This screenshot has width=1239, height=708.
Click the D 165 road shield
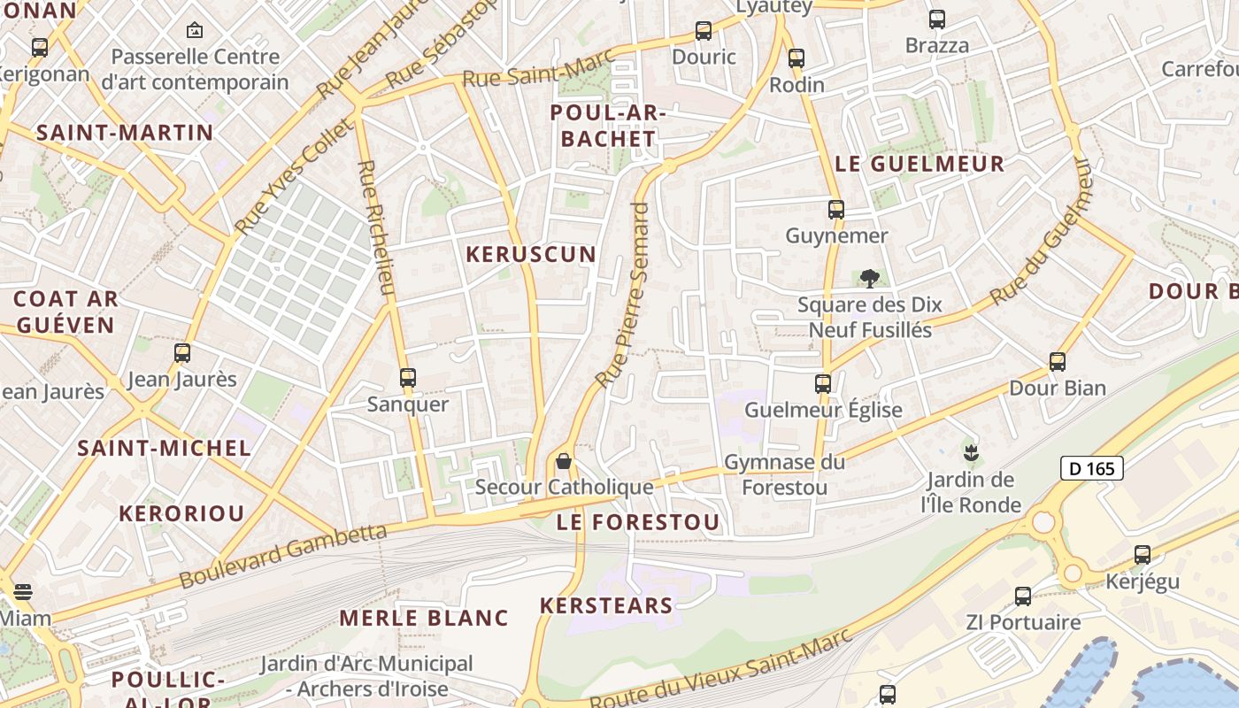1091,468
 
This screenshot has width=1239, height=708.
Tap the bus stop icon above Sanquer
407,378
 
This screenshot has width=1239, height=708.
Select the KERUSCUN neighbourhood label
531,255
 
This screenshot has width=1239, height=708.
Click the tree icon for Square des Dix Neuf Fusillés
870,279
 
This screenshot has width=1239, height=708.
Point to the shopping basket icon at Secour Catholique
563,461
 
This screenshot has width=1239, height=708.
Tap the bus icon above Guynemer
835,210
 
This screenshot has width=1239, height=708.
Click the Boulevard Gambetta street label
283,555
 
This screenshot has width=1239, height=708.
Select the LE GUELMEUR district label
920,164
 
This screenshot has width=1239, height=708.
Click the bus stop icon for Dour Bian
1057,361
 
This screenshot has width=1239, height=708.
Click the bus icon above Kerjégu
1142,555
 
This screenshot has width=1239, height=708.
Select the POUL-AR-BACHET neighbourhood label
608,127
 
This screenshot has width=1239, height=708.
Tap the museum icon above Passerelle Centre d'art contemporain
194,31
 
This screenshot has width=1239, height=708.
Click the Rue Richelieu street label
375,227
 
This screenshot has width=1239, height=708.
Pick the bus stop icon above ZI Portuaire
1022,596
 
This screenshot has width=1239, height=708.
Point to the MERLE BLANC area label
424,618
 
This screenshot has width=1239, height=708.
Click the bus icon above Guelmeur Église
822,383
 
